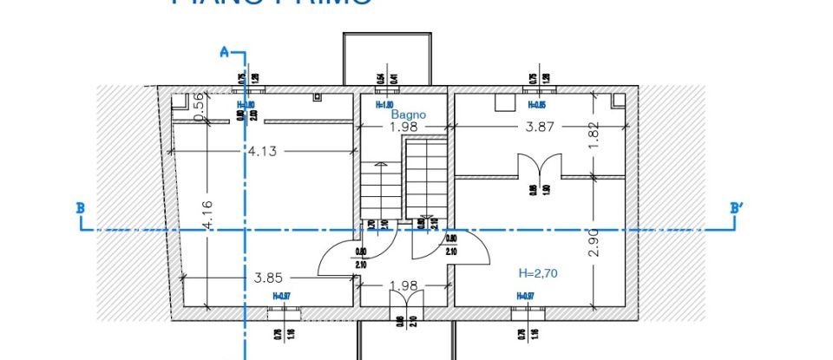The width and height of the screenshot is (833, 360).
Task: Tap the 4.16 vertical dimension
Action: coord(206,215)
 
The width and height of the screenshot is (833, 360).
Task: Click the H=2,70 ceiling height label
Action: coord(537,272)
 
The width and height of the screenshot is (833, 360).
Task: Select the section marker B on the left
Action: coord(80,208)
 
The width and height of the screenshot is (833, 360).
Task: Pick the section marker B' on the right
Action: coord(738,208)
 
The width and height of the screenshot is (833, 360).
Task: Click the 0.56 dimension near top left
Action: coord(197,106)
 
